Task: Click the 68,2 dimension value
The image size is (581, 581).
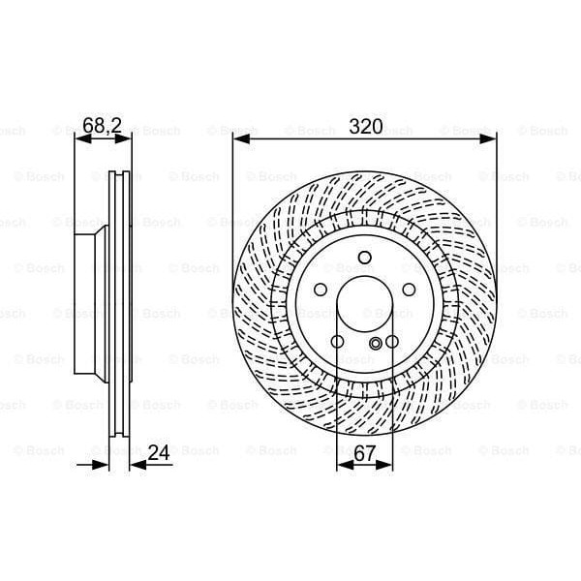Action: point(102,125)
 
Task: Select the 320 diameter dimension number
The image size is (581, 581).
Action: point(365,126)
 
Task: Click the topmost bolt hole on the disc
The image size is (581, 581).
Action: point(364,258)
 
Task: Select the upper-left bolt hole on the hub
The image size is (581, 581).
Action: point(321,290)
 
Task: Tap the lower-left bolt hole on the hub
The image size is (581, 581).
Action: point(337,341)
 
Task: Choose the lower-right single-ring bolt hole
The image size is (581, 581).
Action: point(391,341)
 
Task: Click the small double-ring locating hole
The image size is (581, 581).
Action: point(376,343)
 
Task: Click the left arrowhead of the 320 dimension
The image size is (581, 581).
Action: point(239,139)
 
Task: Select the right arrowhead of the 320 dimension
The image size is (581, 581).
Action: point(490,139)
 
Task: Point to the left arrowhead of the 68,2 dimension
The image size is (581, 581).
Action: point(80,139)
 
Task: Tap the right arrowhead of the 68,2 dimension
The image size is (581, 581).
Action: point(125,139)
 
